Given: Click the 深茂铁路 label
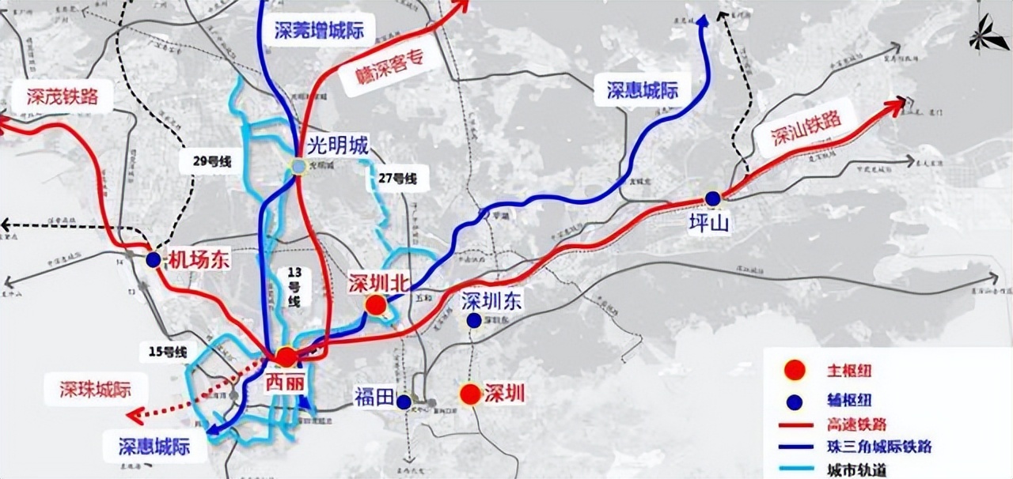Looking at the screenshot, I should coord(62,96).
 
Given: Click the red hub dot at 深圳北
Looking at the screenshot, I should coord(377,305).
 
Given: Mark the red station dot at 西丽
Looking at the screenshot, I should coord(286,356).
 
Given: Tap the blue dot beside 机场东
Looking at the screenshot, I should coord(154,259).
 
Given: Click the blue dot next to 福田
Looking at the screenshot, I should coord(404,402).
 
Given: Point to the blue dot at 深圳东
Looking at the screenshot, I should coord(473,320).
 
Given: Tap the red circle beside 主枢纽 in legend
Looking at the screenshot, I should coord(794,370).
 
